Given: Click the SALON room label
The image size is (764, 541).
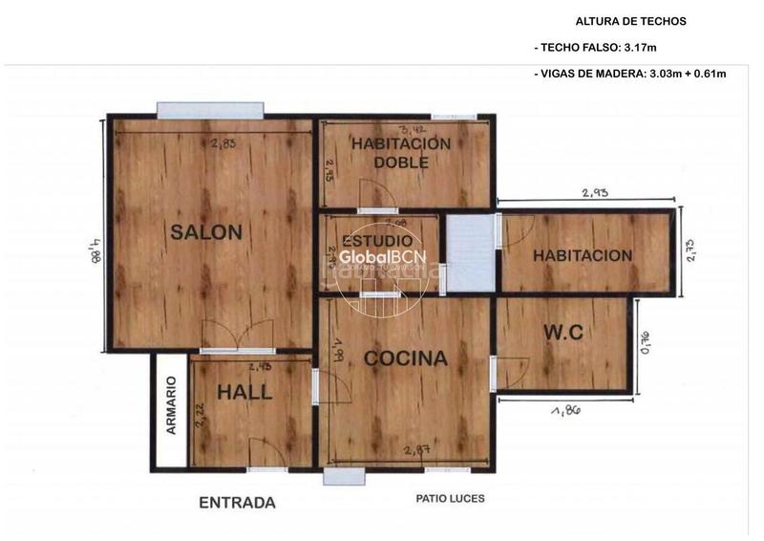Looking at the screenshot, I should pyautogui.click(x=205, y=231).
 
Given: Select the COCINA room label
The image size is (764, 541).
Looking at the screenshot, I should pyautogui.click(x=405, y=359).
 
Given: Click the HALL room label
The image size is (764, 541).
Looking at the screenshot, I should pyautogui.click(x=244, y=392).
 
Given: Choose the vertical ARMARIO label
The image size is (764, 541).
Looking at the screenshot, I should pyautogui.click(x=172, y=406).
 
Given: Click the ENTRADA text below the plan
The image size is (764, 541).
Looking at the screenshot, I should pyautogui.click(x=237, y=503).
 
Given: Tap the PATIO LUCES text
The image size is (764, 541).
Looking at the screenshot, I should pyautogui.click(x=450, y=498).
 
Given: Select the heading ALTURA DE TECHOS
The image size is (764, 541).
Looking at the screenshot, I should pyautogui.click(x=630, y=21).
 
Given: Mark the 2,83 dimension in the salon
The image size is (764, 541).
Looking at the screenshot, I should pyautogui.click(x=223, y=143).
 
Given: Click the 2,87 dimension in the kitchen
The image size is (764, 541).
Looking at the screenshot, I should pyautogui.click(x=415, y=450).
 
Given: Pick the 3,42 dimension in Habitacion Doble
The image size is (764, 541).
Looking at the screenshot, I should pyautogui.click(x=412, y=129).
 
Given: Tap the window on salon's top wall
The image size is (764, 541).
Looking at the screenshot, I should pyautogui.click(x=208, y=110).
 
